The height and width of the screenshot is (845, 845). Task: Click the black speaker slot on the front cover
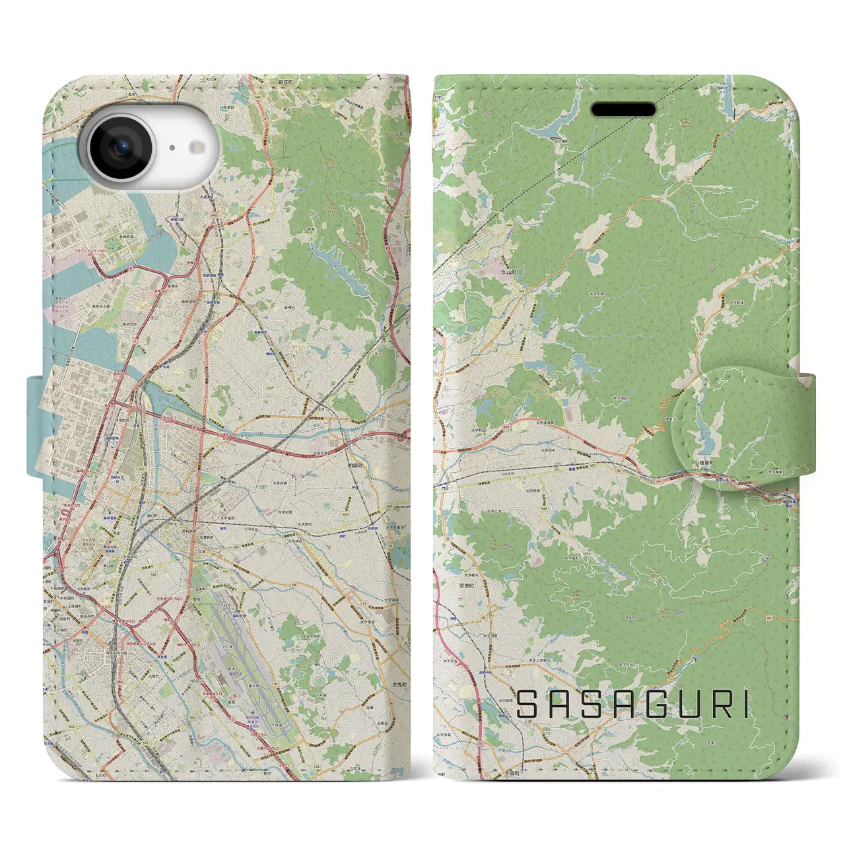[x=623, y=110]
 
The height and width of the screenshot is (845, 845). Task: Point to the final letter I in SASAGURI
[x=745, y=704]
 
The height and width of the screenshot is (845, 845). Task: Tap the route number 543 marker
[x=543, y=508]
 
